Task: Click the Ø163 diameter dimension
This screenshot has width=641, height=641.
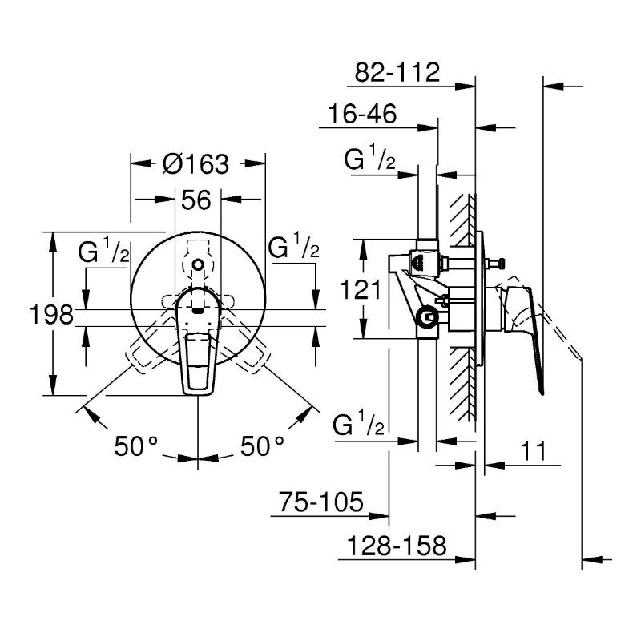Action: [196, 164]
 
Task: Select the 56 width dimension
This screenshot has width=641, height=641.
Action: [196, 200]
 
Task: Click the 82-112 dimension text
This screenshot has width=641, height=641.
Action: [397, 73]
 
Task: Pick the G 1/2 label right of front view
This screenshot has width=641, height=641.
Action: [293, 248]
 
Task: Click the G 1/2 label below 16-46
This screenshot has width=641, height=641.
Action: [369, 160]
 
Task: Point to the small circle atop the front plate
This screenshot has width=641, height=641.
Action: [198, 264]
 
